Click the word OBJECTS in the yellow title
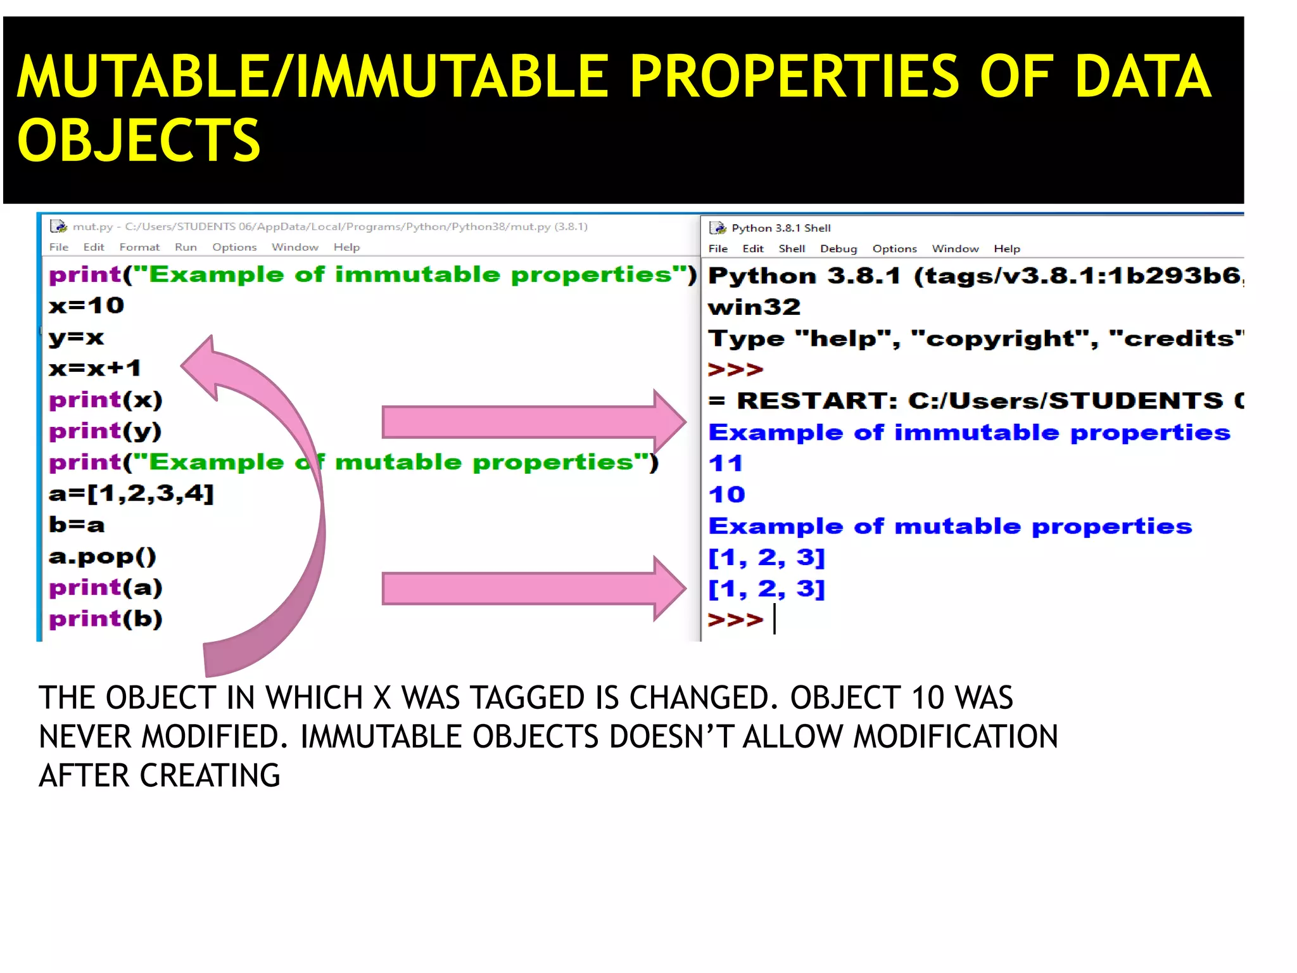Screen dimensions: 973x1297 [x=139, y=141]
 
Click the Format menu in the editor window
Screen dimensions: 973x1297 [x=139, y=247]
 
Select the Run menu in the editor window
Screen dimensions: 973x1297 [x=186, y=247]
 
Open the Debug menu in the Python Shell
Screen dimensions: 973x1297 [x=838, y=249]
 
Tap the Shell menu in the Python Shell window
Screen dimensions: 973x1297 [x=792, y=249]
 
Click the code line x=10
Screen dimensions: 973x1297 [x=87, y=306]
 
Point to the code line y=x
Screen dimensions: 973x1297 [x=77, y=338]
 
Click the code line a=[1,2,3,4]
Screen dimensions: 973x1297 [x=132, y=493]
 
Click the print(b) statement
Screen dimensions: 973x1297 [x=106, y=619]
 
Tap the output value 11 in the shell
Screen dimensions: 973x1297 [x=726, y=464]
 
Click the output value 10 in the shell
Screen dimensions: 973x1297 [x=727, y=495]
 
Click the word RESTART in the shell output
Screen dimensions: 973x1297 [x=817, y=401]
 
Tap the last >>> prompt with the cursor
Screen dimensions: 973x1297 [x=735, y=619]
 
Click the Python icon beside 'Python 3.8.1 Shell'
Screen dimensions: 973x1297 [x=718, y=228]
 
